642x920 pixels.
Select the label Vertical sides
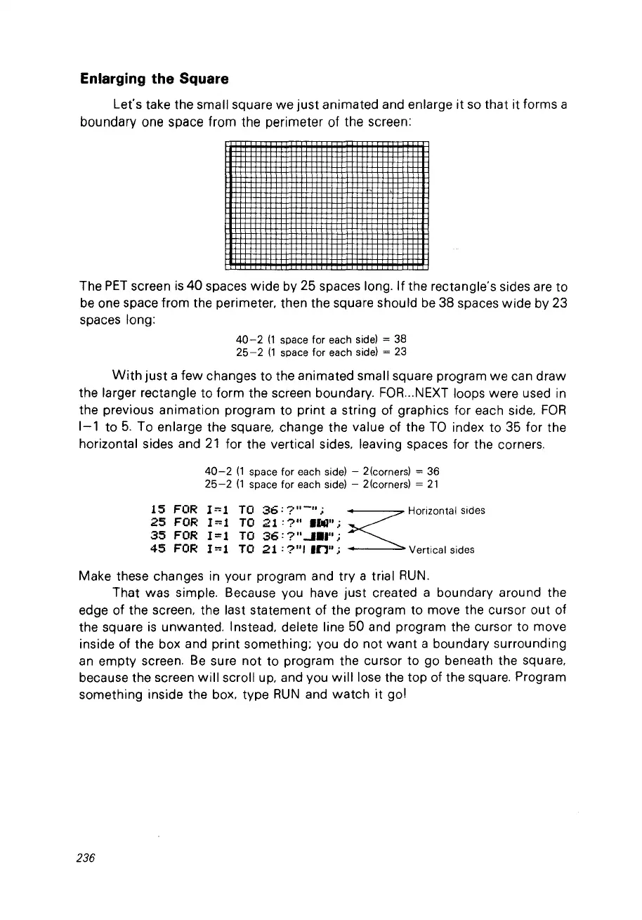click(441, 550)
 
